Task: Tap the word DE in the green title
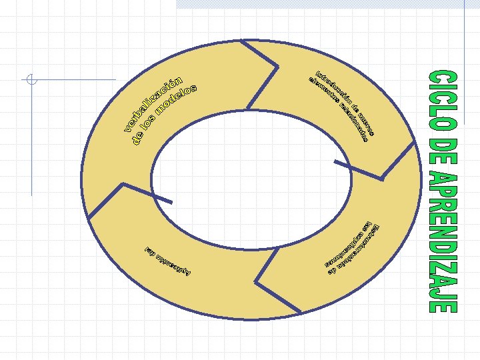(x=442, y=149)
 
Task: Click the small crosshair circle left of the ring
(x=31, y=81)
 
